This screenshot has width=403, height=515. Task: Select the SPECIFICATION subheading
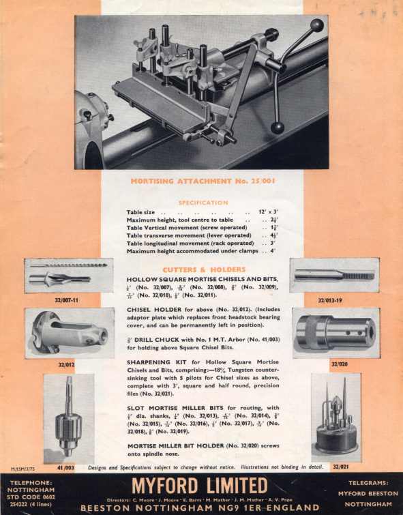(203, 203)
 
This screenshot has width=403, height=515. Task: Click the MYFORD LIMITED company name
(199, 486)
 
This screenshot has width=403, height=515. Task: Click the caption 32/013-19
(331, 299)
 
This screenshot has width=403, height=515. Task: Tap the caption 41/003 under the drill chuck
(66, 469)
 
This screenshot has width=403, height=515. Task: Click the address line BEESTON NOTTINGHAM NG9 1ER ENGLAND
(199, 507)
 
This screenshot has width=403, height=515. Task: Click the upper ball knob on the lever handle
(317, 25)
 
